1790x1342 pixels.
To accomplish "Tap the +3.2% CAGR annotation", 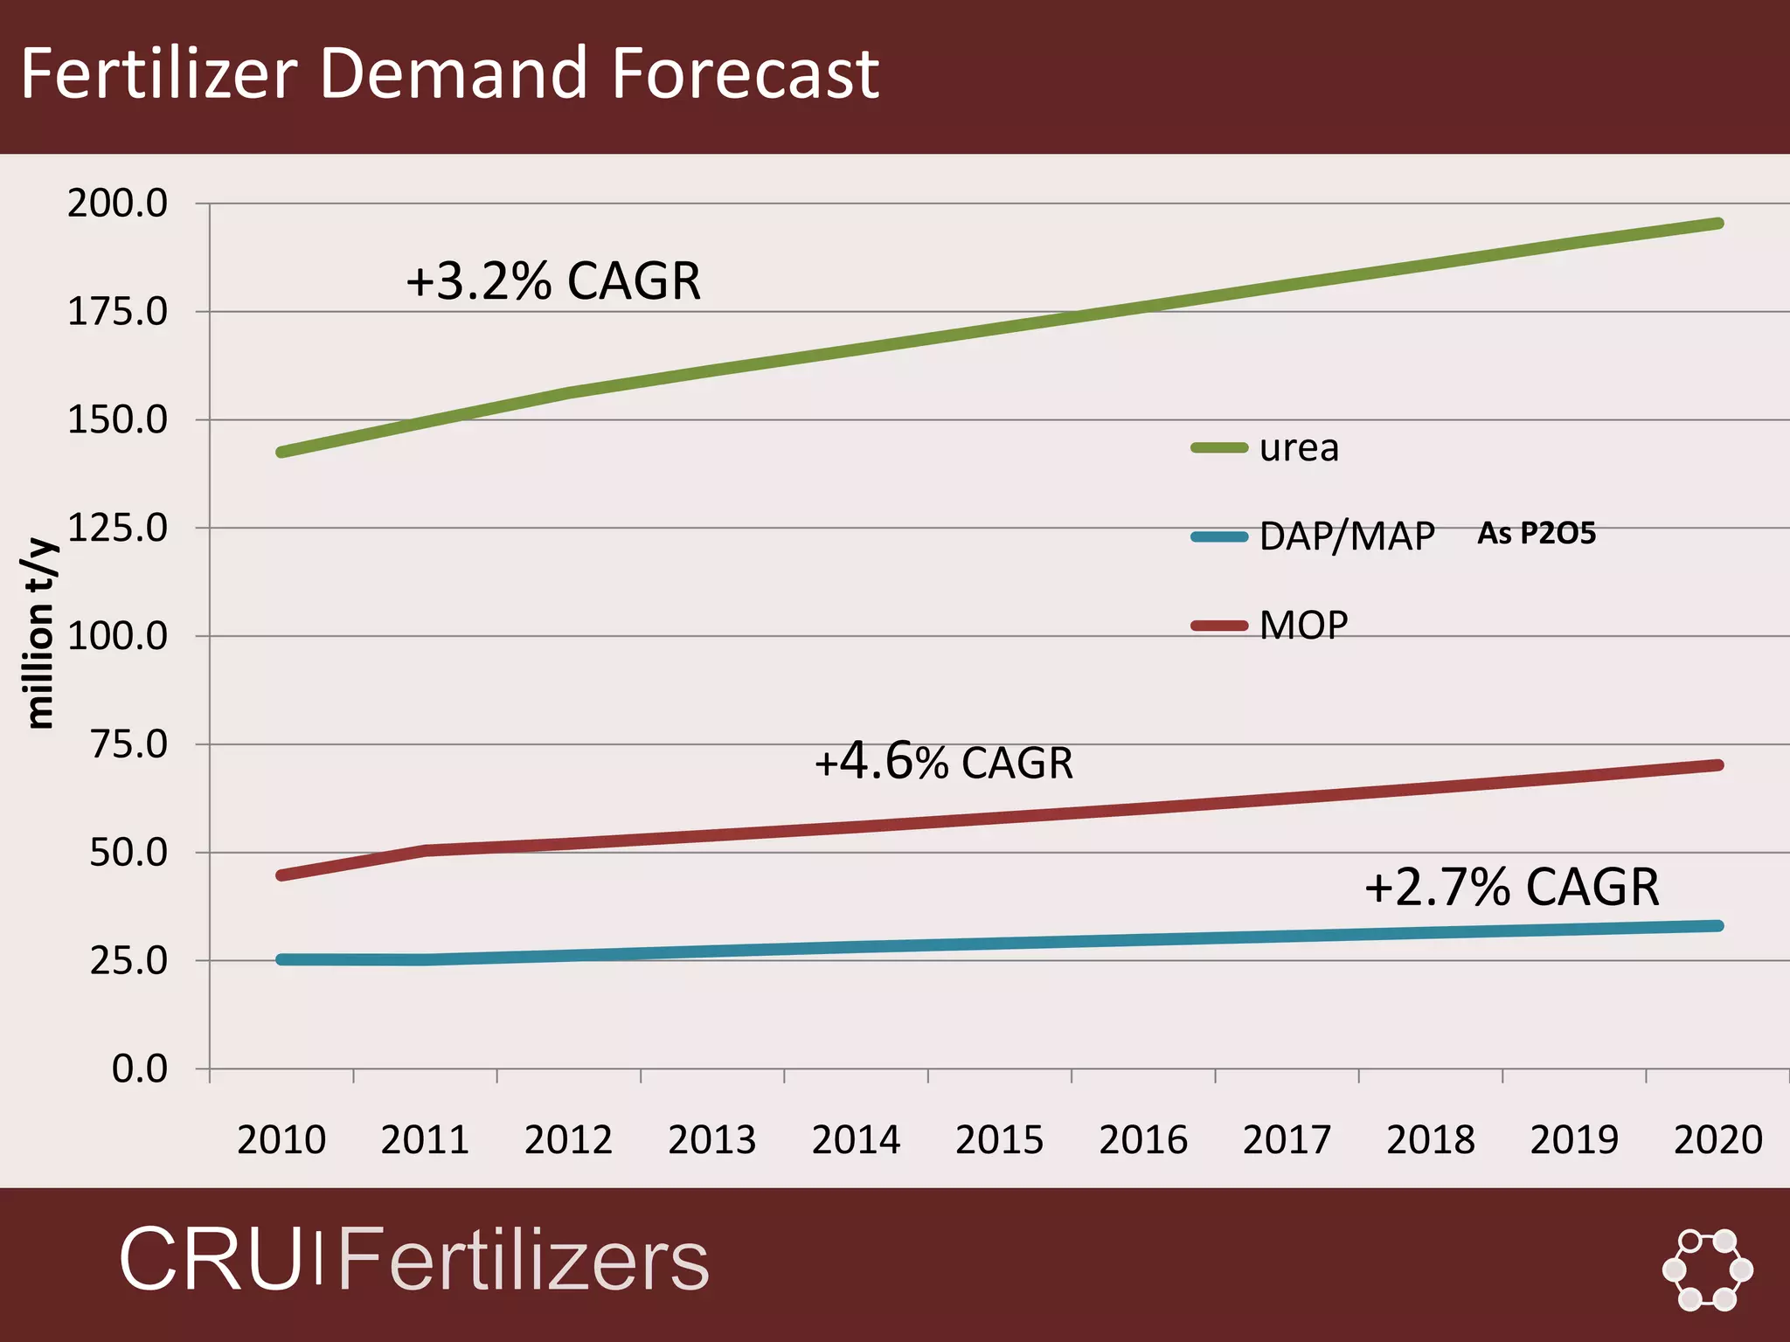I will [553, 281].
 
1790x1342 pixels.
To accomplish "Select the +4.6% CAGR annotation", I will [943, 762].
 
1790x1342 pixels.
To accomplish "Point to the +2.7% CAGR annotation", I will [1511, 887].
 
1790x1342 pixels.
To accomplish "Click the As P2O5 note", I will [1536, 533].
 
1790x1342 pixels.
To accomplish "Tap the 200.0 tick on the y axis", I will [117, 204].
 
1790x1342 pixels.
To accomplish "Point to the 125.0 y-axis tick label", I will [117, 528].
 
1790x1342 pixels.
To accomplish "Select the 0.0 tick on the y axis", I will [139, 1069].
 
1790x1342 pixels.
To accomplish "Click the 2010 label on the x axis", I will [281, 1139].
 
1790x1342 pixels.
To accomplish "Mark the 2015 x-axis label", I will [999, 1139].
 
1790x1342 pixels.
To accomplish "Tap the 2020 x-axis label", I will [1717, 1139].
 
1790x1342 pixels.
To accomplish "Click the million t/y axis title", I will [39, 634].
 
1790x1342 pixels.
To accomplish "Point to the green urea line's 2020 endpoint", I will [1718, 224].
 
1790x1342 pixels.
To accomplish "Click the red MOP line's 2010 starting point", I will [281, 875].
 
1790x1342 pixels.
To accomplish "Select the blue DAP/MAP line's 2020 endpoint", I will [1718, 926].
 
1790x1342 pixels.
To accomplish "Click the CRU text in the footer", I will [210, 1259].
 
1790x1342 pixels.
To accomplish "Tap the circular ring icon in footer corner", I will [1707, 1269].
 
